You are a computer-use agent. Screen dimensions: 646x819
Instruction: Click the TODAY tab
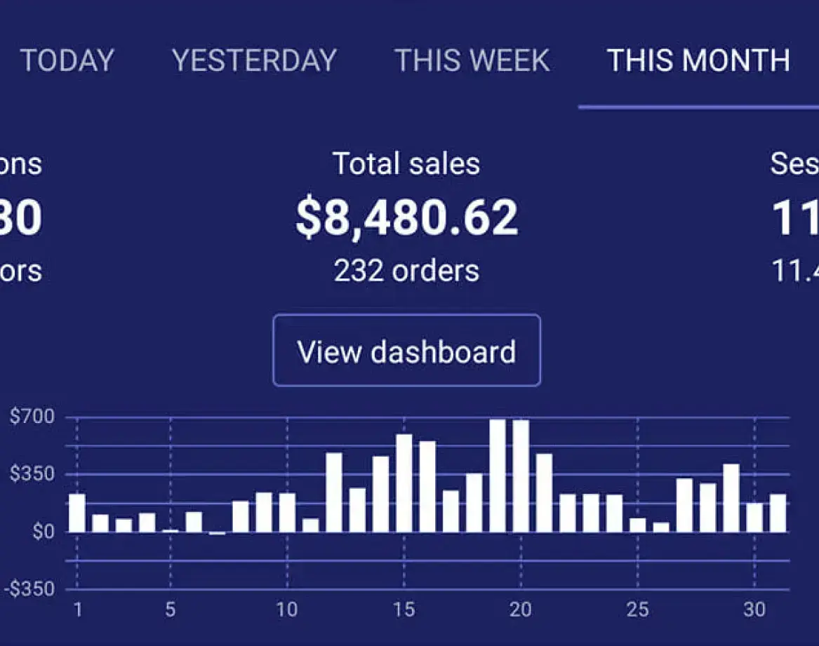[67, 60]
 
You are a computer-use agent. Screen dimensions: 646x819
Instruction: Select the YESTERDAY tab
[254, 60]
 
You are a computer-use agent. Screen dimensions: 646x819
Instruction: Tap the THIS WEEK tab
[472, 60]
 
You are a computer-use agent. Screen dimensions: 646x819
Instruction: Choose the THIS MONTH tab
[698, 60]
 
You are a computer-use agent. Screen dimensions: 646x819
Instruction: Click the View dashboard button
[406, 351]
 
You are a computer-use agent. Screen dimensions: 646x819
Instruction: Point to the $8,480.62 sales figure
[406, 217]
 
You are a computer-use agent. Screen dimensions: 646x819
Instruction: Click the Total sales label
[406, 164]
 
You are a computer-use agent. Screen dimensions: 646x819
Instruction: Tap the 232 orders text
[406, 271]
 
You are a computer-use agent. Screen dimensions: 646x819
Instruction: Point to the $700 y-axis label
[32, 417]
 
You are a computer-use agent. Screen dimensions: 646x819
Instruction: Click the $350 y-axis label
[32, 474]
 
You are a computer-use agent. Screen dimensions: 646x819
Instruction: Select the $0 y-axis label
[42, 532]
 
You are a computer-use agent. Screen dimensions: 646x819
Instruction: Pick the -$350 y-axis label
[29, 588]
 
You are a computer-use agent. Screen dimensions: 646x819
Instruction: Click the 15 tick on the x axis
[404, 610]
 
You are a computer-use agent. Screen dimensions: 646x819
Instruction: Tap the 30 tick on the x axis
[754, 610]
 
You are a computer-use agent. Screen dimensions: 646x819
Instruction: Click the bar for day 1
[77, 513]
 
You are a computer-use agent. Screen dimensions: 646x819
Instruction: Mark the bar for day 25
[637, 525]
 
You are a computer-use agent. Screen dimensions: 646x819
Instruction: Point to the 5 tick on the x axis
[171, 610]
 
